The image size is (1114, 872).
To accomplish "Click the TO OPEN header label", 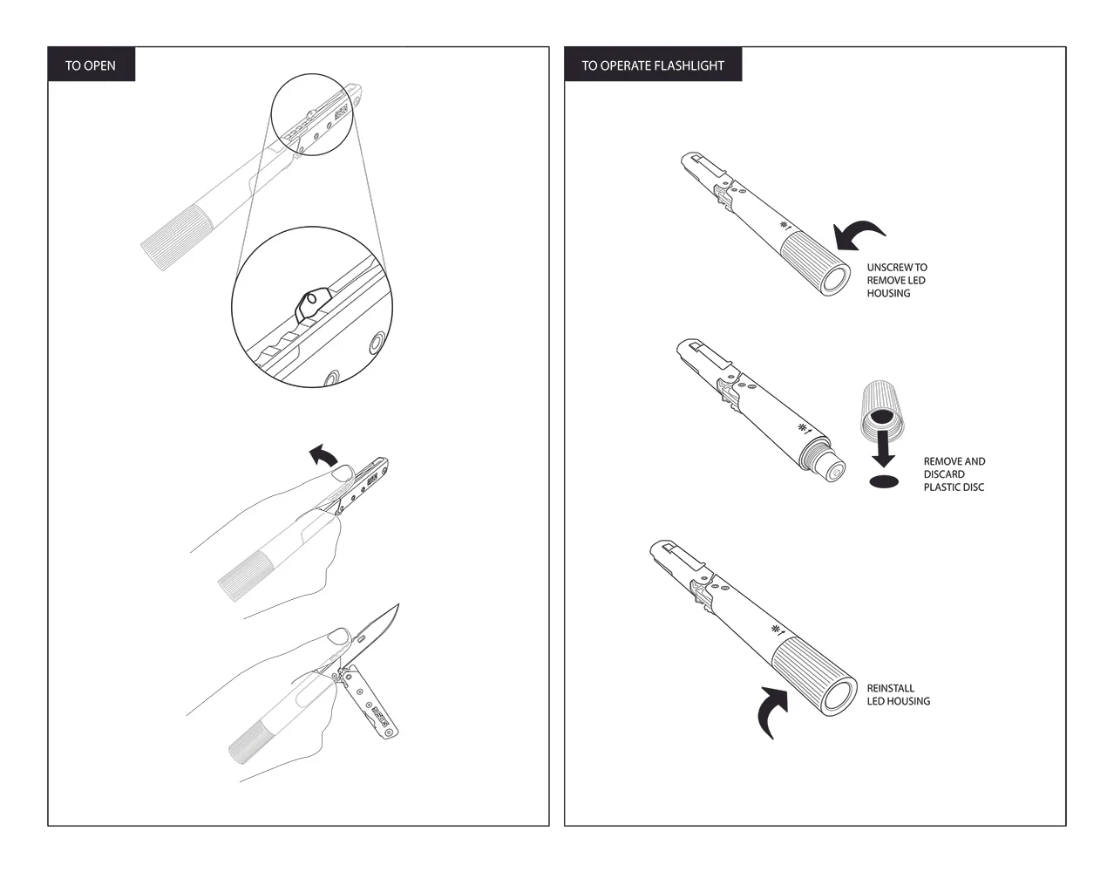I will [x=90, y=65].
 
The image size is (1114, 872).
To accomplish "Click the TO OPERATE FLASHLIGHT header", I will [x=653, y=65].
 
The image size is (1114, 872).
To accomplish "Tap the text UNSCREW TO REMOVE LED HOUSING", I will [x=896, y=280].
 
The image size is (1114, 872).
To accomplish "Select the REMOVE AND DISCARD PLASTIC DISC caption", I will [x=954, y=474].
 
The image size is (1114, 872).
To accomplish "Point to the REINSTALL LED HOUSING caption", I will [x=898, y=694].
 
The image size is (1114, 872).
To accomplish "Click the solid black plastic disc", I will [x=884, y=482].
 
